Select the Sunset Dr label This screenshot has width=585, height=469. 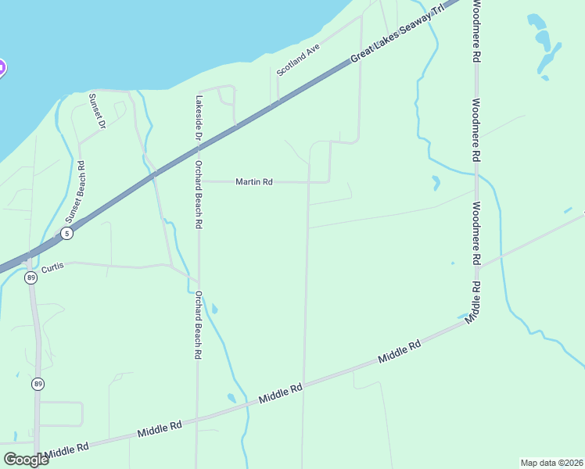tap(97, 112)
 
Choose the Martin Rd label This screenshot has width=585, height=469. tap(254, 182)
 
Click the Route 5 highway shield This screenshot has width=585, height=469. tap(67, 234)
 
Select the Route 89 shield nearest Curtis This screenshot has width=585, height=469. tap(31, 278)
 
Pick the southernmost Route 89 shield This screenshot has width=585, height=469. tap(38, 384)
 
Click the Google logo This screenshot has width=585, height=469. tap(26, 459)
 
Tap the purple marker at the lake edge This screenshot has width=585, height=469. tap(2, 68)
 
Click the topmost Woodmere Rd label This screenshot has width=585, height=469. tap(476, 32)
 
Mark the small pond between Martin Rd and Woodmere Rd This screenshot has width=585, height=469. tap(436, 183)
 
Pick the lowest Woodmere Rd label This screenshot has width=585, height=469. tap(476, 232)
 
